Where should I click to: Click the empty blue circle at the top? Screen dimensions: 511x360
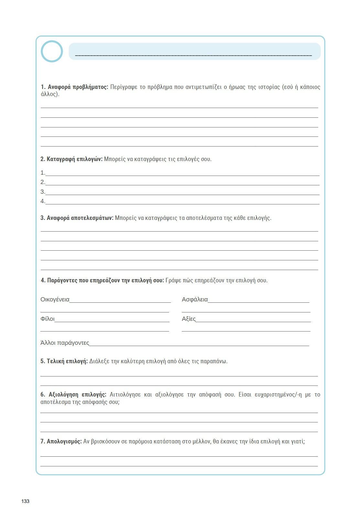[x=52, y=51]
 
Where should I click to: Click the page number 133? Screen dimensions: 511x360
[x=25, y=501]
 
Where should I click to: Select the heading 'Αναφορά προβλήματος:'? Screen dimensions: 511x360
[x=74, y=87]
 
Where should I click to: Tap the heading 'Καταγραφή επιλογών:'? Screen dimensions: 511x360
[x=71, y=159]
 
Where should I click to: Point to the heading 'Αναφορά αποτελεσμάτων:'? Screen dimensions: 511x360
[x=77, y=218]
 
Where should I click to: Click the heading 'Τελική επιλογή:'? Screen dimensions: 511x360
[x=64, y=361]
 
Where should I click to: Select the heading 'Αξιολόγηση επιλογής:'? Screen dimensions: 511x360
[x=73, y=395]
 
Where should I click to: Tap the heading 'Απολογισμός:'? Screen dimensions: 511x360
[x=61, y=441]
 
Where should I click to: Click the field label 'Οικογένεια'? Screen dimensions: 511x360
[x=55, y=299]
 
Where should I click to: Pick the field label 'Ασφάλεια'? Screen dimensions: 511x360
[x=195, y=299]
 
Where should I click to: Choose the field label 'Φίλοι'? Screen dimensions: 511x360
[x=48, y=319]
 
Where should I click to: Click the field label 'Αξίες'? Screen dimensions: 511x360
[x=189, y=319]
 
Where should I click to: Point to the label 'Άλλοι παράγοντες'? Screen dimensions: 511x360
[x=65, y=343]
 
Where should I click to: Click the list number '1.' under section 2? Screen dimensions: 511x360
[x=43, y=173]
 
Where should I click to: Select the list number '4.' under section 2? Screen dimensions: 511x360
[x=43, y=201]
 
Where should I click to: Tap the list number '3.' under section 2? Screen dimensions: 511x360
[x=43, y=192]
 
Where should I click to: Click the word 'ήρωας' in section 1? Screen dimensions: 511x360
[x=237, y=87]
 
